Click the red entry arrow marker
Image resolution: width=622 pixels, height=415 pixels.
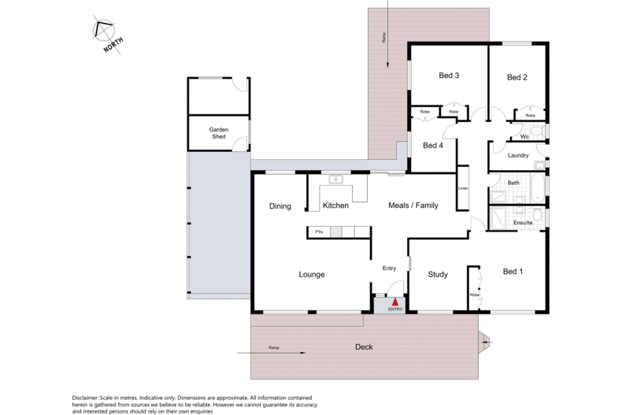(x=395, y=301)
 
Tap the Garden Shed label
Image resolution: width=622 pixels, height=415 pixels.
(x=218, y=132)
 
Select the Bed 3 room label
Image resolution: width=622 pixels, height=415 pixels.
(x=449, y=76)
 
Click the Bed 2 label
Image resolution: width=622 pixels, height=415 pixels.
(x=516, y=77)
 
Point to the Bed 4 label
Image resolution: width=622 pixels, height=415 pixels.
(x=434, y=145)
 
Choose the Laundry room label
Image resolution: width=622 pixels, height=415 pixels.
(x=518, y=155)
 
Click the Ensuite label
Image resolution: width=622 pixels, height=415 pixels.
(x=524, y=223)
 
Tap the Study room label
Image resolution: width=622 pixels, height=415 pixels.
(x=438, y=275)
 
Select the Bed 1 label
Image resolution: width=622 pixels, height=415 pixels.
(x=513, y=272)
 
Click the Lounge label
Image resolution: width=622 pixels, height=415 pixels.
(x=312, y=274)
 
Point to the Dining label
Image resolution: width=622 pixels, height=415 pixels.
(x=280, y=206)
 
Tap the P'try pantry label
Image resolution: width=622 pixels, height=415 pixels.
(x=320, y=232)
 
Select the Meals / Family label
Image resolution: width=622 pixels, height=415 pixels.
(x=413, y=206)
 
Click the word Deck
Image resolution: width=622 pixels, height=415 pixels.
(x=364, y=346)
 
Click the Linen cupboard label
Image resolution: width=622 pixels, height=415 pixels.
(x=463, y=188)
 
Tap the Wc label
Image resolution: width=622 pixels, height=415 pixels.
(x=524, y=136)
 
